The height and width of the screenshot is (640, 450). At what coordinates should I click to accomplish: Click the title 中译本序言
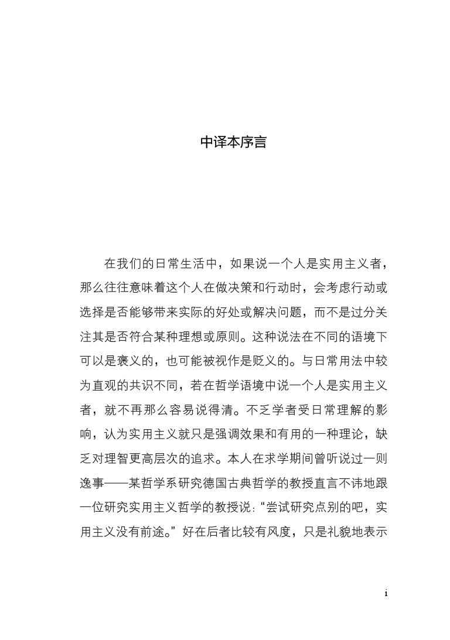233,142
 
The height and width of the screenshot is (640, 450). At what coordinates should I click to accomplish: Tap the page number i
386,593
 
